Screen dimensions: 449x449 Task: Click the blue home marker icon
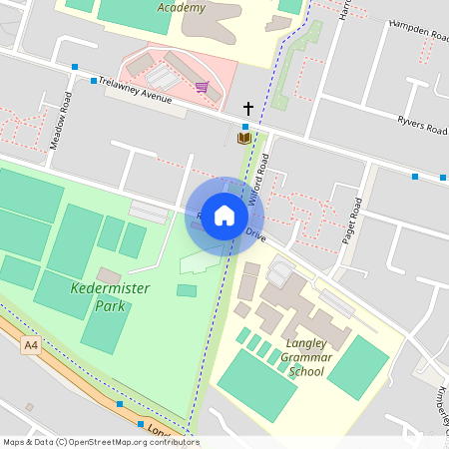point(224,216)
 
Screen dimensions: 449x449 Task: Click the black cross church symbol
point(248,107)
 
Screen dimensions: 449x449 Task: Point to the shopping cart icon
point(202,88)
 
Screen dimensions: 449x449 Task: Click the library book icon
point(243,138)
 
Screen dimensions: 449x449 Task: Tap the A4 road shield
point(33,344)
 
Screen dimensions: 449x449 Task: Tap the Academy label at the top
point(182,8)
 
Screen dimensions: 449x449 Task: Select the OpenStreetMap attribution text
point(100,442)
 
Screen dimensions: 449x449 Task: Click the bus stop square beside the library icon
point(245,127)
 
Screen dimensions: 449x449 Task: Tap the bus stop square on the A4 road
point(120,404)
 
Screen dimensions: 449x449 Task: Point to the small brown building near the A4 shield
point(29,406)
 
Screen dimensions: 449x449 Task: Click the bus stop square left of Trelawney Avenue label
point(94,81)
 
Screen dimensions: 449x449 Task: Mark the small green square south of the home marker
point(187,290)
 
